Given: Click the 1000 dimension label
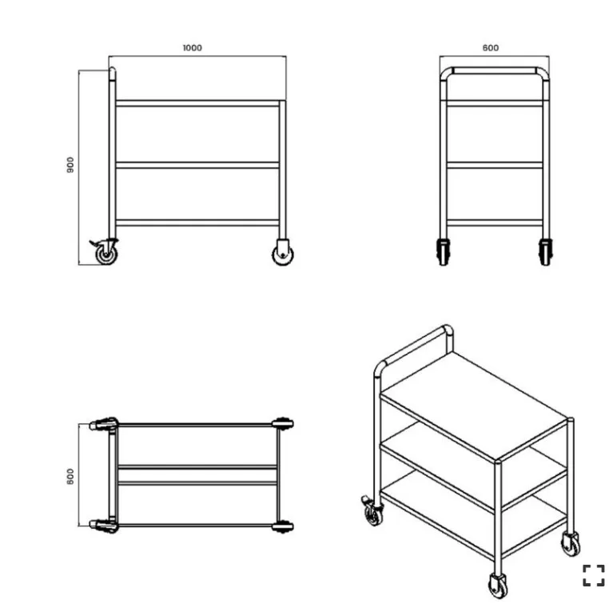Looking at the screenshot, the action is coord(193,48).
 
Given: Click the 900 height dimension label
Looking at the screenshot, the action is coord(70,165).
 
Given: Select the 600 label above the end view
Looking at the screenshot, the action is coord(491,48).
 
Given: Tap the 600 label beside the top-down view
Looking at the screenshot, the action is coord(70,476).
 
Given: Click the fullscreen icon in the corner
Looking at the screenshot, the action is coord(593,575).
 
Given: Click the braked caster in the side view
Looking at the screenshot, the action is coord(105,252).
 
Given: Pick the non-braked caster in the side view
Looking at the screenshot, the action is coord(283,253).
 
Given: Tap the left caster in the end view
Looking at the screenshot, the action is coord(444,252).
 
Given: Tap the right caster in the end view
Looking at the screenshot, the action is coord(545,252).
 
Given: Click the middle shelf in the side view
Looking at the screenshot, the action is coord(197,165).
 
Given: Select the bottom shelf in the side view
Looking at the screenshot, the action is coord(197,223).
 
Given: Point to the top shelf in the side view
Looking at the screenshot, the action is coord(197,103).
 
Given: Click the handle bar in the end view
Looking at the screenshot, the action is coord(495,70).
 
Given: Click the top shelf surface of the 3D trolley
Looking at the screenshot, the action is coord(474,406).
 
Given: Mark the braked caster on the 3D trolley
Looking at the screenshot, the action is coord(372,511).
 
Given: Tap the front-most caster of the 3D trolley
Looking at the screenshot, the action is coord(498,585).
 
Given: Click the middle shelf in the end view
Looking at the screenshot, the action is coord(495,165).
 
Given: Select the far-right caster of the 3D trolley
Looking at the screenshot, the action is coord(571,544).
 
